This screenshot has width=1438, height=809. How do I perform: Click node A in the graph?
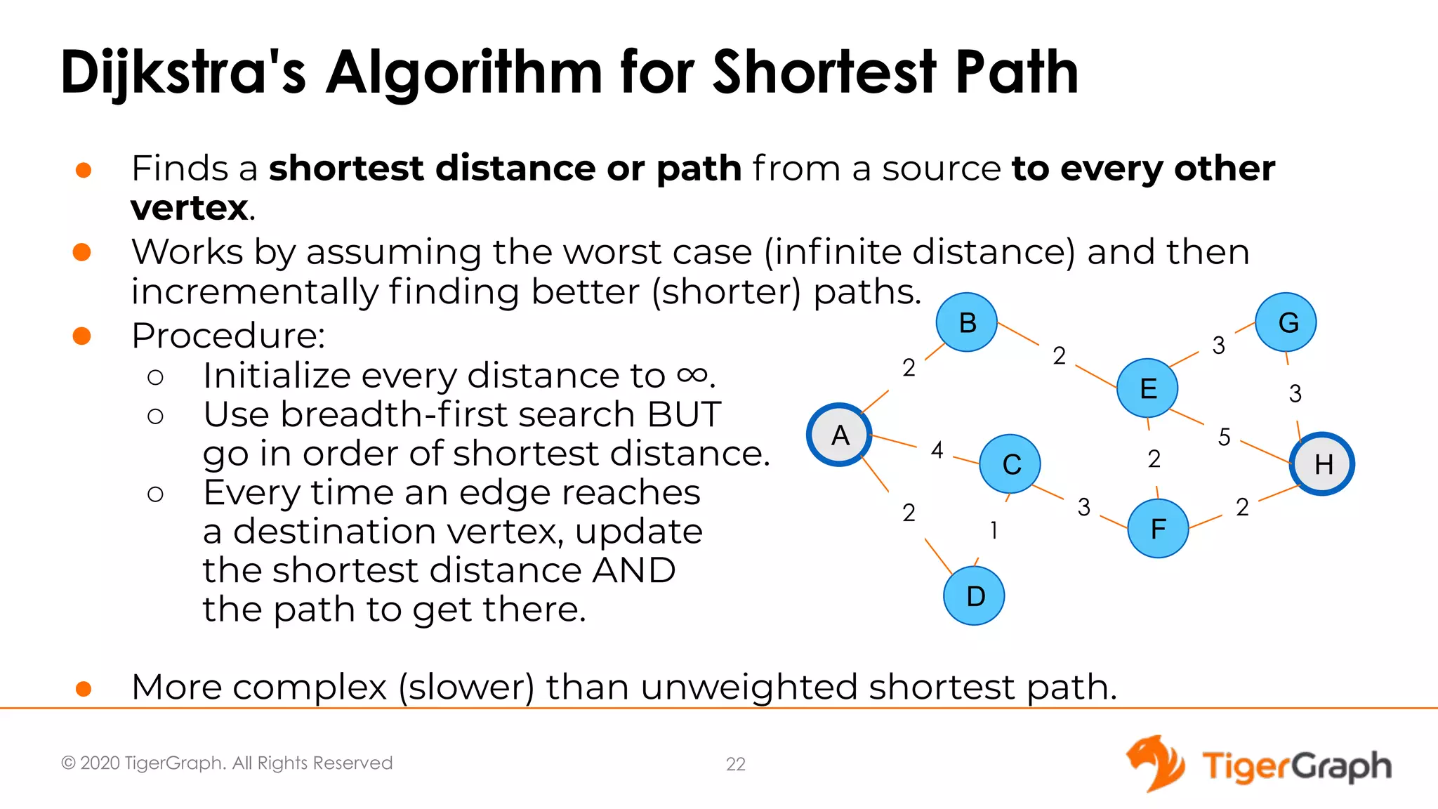point(840,435)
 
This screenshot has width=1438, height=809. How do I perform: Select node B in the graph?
point(967,322)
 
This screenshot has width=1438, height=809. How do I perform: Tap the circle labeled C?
point(1010,464)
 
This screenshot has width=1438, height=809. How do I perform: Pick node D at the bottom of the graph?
point(975,596)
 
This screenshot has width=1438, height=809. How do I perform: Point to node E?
point(1148,388)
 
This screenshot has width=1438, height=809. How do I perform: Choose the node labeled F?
point(1158,528)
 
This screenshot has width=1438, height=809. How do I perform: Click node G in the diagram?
point(1286,322)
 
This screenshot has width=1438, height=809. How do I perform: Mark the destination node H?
point(1323,464)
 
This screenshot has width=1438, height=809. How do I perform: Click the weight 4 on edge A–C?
point(937,449)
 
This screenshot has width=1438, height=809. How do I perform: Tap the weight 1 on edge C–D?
point(994,530)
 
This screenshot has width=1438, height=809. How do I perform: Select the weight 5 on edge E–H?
point(1224,437)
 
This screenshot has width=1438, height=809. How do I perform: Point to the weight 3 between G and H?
point(1295,393)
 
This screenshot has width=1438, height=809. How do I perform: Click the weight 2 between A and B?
point(909,367)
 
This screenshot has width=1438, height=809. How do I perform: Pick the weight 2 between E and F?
point(1154,459)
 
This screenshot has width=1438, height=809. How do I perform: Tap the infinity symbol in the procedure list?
point(692,376)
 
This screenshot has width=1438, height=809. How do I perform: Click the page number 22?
point(735,764)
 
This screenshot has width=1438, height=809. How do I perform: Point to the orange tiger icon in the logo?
point(1155,763)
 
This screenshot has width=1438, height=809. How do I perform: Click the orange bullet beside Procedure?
point(82,336)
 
